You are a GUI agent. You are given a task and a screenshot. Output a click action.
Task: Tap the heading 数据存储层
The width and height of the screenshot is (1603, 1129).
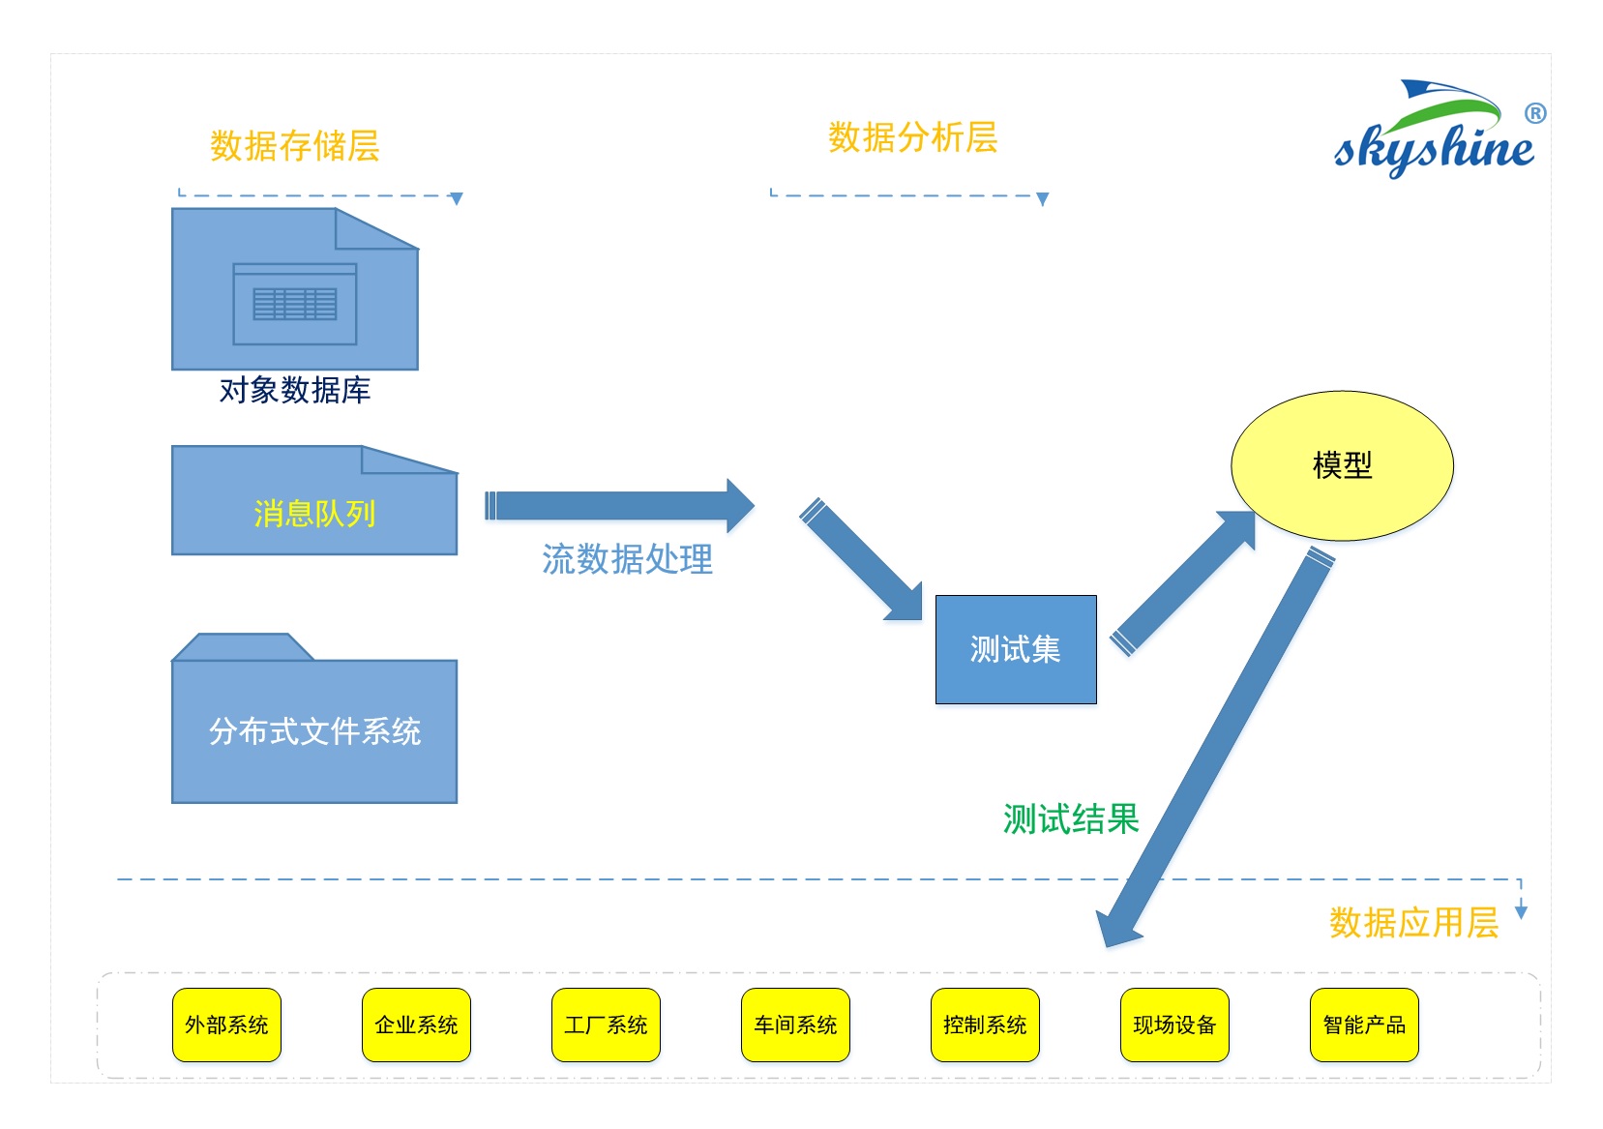coord(295,146)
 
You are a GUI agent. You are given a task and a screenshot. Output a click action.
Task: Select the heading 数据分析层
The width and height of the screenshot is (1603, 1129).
coord(912,137)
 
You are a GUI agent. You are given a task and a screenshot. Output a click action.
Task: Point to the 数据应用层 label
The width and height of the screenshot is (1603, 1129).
coord(1413,923)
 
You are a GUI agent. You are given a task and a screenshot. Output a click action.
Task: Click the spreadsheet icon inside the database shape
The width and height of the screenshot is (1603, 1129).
coord(295,304)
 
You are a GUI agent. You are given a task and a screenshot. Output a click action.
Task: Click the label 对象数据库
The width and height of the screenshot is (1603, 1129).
coord(295,391)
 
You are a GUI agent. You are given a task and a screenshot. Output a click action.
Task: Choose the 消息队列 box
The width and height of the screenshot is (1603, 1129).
coord(313,513)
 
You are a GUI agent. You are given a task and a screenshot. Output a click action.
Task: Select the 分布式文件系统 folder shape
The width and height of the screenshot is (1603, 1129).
coord(313,730)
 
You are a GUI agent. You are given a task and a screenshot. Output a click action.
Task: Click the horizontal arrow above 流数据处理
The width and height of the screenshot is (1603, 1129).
coord(619,506)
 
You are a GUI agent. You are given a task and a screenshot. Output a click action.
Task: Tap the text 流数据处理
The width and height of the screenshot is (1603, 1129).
coord(627,559)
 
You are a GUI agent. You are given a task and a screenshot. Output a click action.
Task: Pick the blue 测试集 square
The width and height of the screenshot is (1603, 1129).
coord(1015,649)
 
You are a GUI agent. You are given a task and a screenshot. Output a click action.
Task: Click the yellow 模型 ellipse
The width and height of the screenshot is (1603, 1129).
coord(1342,465)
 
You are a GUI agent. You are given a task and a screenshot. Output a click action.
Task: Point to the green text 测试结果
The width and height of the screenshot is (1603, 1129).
coord(1071,819)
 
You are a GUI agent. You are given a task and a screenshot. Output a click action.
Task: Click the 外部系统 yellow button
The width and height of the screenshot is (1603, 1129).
coord(226,1025)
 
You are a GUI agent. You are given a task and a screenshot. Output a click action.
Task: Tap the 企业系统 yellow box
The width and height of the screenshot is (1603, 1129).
coord(416,1025)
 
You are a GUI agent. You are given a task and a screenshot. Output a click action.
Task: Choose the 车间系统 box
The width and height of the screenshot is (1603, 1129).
coord(795,1025)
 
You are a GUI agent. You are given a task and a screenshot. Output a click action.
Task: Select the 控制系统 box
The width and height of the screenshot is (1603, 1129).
coord(985,1025)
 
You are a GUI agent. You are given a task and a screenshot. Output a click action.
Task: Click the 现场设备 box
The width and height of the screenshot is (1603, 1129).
coord(1174,1025)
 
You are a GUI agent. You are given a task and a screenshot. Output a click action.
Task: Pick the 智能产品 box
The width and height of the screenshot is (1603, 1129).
coord(1364,1025)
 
